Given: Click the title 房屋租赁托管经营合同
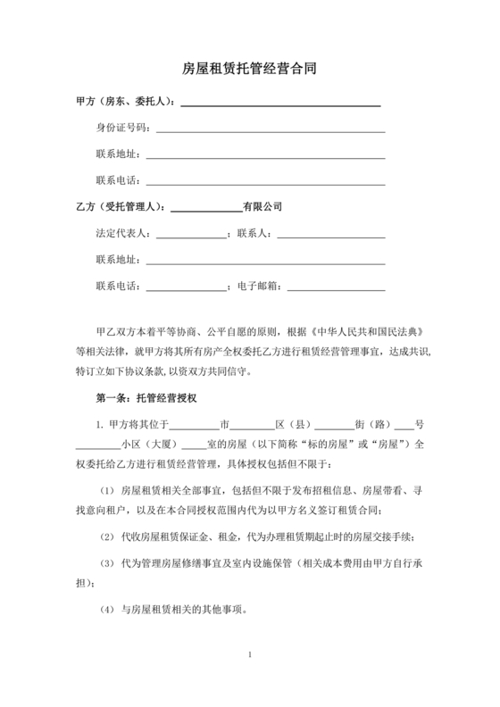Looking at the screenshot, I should point(249,68).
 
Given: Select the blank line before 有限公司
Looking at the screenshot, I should point(206,211).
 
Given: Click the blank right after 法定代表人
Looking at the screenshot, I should point(191,237).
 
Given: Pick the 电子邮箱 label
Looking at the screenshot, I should point(257,286).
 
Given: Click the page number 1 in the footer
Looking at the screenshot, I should point(250,657).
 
